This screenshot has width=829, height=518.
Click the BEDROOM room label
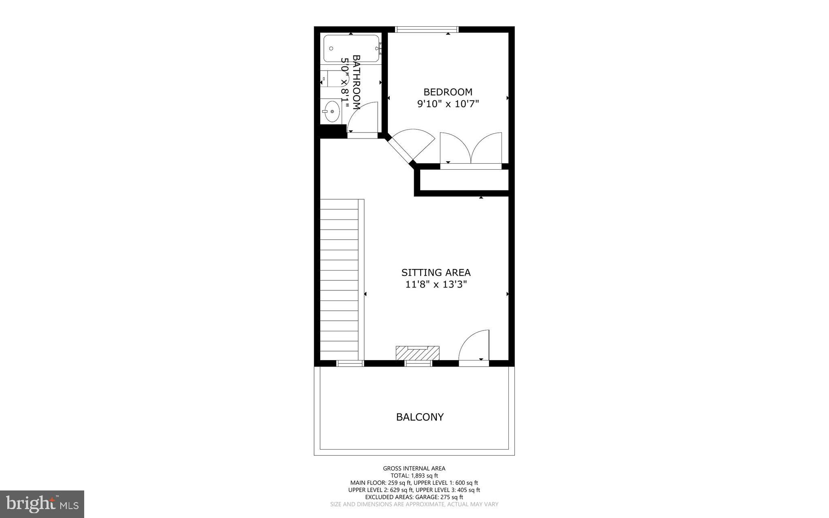point(448,92)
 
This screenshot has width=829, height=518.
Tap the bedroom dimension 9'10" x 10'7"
point(448,104)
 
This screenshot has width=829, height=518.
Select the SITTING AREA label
point(436,273)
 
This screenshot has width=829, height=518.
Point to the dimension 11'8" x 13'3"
point(436,285)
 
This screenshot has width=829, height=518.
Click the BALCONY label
point(420,417)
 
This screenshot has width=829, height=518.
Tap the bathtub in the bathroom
point(351,49)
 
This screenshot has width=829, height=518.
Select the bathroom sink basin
point(332,111)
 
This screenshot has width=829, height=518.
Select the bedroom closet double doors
point(471,149)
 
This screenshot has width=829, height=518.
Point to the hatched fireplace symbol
point(417,353)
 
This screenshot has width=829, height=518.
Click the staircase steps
point(339,279)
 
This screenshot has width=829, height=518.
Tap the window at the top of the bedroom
point(426,29)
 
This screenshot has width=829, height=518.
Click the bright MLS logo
point(42,504)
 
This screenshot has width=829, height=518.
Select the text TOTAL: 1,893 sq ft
point(414,476)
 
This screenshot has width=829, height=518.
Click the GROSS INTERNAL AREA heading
point(414,469)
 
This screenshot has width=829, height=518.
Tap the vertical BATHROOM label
point(356,82)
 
